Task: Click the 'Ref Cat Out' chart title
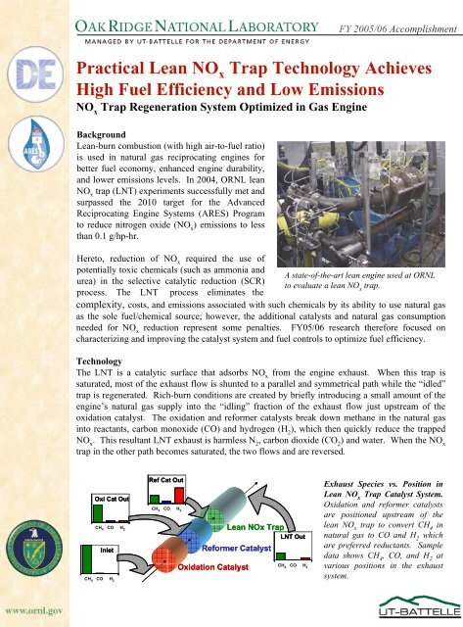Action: coord(165,480)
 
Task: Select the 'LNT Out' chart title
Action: coord(293,536)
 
